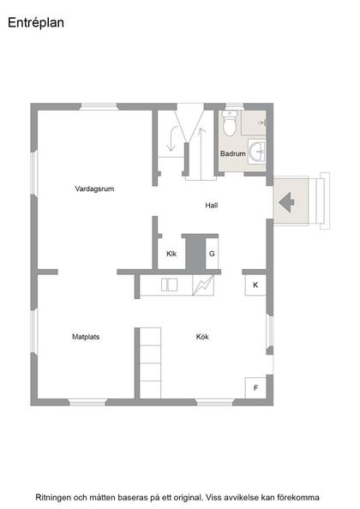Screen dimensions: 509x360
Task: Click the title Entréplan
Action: point(36,24)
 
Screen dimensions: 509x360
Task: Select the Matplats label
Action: point(86,337)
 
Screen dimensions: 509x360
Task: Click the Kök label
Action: point(202,337)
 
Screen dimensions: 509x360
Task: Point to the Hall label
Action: point(212,206)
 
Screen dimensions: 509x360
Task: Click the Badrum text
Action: point(233,154)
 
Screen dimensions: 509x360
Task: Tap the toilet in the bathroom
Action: point(229,126)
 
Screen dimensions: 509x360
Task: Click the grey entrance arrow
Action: point(287,203)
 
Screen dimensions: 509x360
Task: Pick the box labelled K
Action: point(255,284)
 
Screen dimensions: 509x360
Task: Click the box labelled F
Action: point(255,388)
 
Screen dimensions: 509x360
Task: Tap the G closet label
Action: point(212,254)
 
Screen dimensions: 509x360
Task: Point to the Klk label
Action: point(171,254)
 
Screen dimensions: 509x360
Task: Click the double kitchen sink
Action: point(171,285)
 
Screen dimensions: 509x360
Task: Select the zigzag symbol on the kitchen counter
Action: point(203,284)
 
